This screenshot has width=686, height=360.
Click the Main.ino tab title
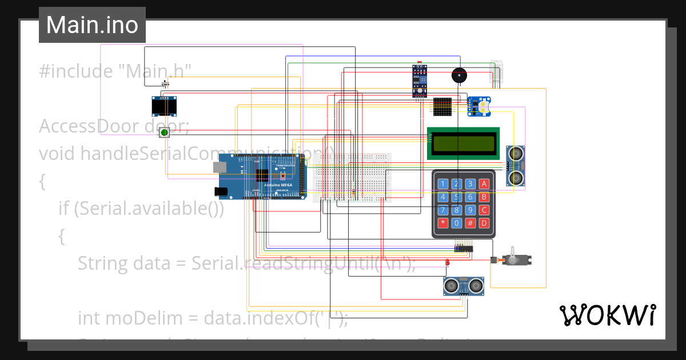point(92,25)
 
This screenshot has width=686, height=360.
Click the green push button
point(164,133)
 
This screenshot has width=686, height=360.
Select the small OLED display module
point(164,106)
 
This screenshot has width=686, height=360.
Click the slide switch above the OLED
point(167,84)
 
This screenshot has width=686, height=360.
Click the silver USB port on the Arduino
point(220,167)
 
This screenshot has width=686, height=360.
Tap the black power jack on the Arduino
point(220,191)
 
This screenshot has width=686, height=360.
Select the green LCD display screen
point(463,143)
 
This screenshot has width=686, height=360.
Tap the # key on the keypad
point(470,223)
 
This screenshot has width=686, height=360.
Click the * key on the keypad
point(442,223)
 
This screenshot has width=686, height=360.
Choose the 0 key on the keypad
point(456,223)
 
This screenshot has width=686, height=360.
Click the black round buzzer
point(458,75)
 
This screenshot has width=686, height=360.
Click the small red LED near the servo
point(447,262)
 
